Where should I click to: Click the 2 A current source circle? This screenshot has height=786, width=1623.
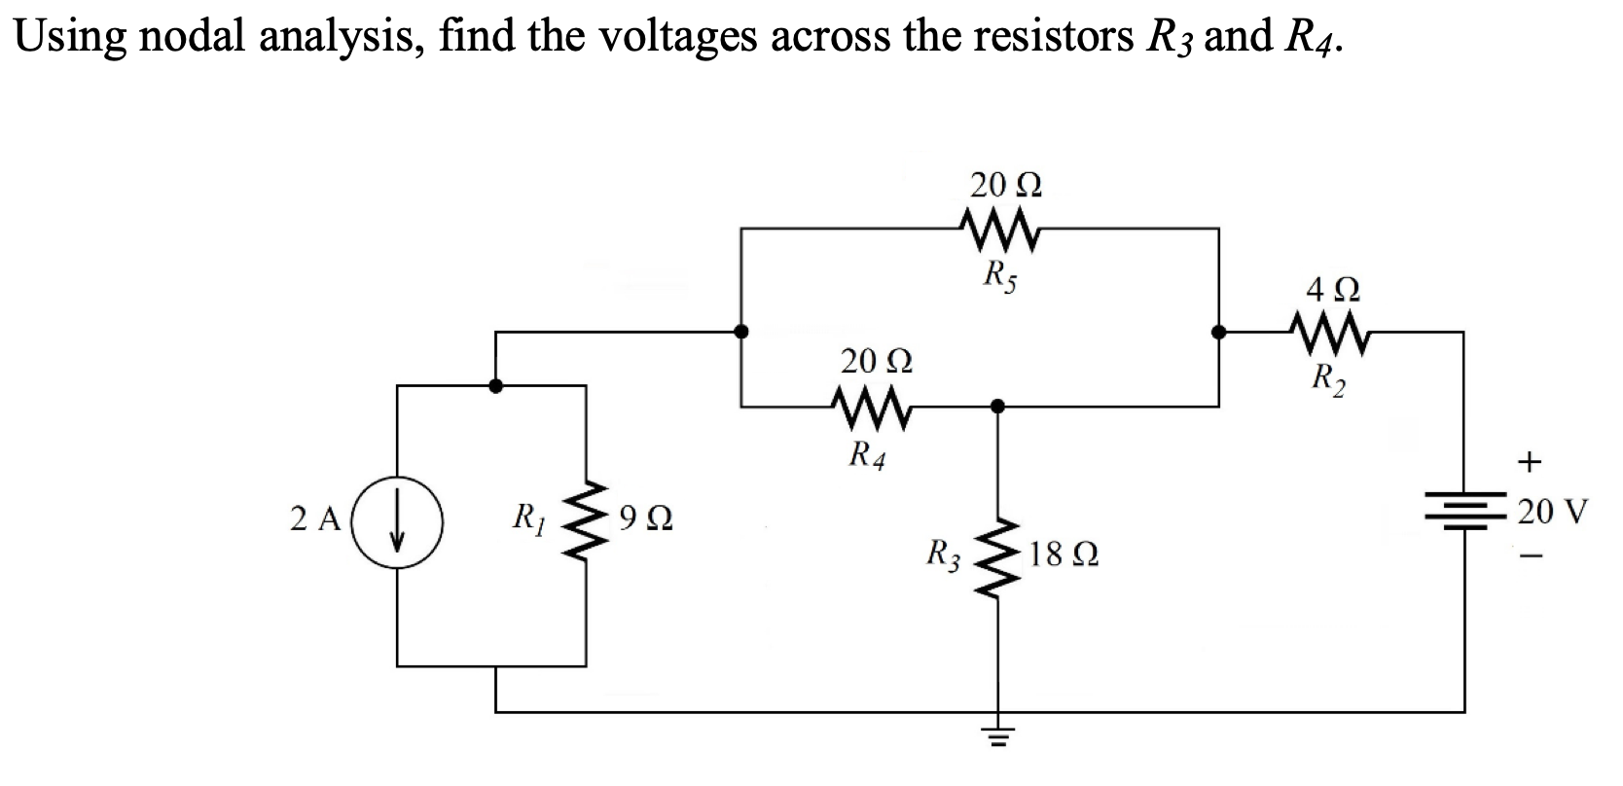click(x=397, y=526)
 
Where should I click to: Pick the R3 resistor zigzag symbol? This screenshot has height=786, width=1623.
click(x=994, y=559)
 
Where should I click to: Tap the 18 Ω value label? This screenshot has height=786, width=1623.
click(x=1064, y=557)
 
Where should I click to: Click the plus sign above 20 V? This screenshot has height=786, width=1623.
click(x=1531, y=462)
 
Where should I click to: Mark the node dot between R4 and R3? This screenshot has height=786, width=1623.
click(x=995, y=405)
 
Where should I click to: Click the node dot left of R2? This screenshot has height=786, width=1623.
click(x=1217, y=332)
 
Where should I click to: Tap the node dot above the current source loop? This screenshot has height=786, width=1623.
click(x=495, y=385)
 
